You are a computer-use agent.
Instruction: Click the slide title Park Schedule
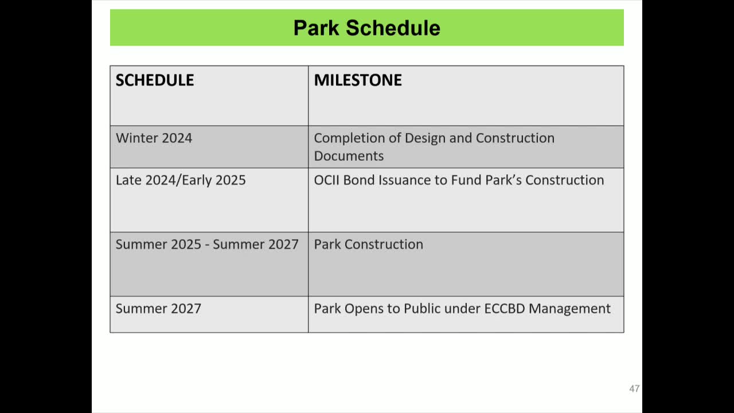366,28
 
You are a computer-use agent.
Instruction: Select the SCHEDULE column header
155,80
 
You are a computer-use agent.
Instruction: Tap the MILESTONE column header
358,80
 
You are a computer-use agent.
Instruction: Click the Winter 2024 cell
154,138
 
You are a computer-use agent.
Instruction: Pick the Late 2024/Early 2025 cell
181,180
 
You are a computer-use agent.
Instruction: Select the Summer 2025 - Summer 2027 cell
207,244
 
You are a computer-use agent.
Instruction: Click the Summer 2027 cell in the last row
158,309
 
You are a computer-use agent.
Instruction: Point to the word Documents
349,156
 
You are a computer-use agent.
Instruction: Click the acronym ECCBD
504,309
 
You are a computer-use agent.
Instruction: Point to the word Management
569,309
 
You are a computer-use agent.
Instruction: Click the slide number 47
634,389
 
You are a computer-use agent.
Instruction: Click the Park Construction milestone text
368,244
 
